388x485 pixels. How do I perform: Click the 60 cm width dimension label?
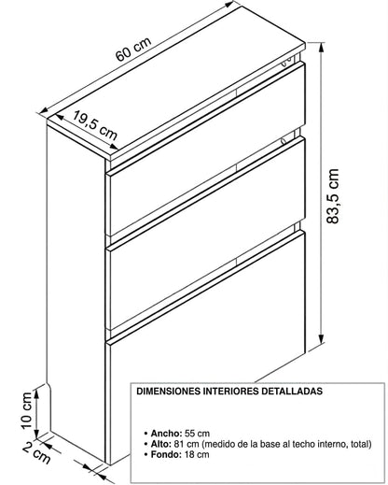pos(133,50)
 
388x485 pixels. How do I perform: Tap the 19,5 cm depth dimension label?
pos(95,125)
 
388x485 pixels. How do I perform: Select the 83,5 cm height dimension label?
pos(332,196)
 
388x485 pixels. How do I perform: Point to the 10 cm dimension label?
pos(27,410)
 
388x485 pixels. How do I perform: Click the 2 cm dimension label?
pos(36,452)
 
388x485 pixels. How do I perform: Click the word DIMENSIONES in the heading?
pos(169,391)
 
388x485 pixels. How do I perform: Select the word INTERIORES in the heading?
pos(231,391)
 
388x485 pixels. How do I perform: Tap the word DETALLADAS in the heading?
pos(292,391)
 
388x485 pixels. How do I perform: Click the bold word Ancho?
pos(166,434)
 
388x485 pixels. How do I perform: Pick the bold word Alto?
pos(161,444)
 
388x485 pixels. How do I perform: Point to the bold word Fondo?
pos(166,454)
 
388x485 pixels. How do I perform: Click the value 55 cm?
pos(197,434)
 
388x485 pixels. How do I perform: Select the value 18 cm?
pos(197,454)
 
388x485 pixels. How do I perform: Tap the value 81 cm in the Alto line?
pos(187,444)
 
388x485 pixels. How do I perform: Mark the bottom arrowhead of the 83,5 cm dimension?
pos(322,338)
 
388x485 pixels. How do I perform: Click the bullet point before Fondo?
pos(145,455)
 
